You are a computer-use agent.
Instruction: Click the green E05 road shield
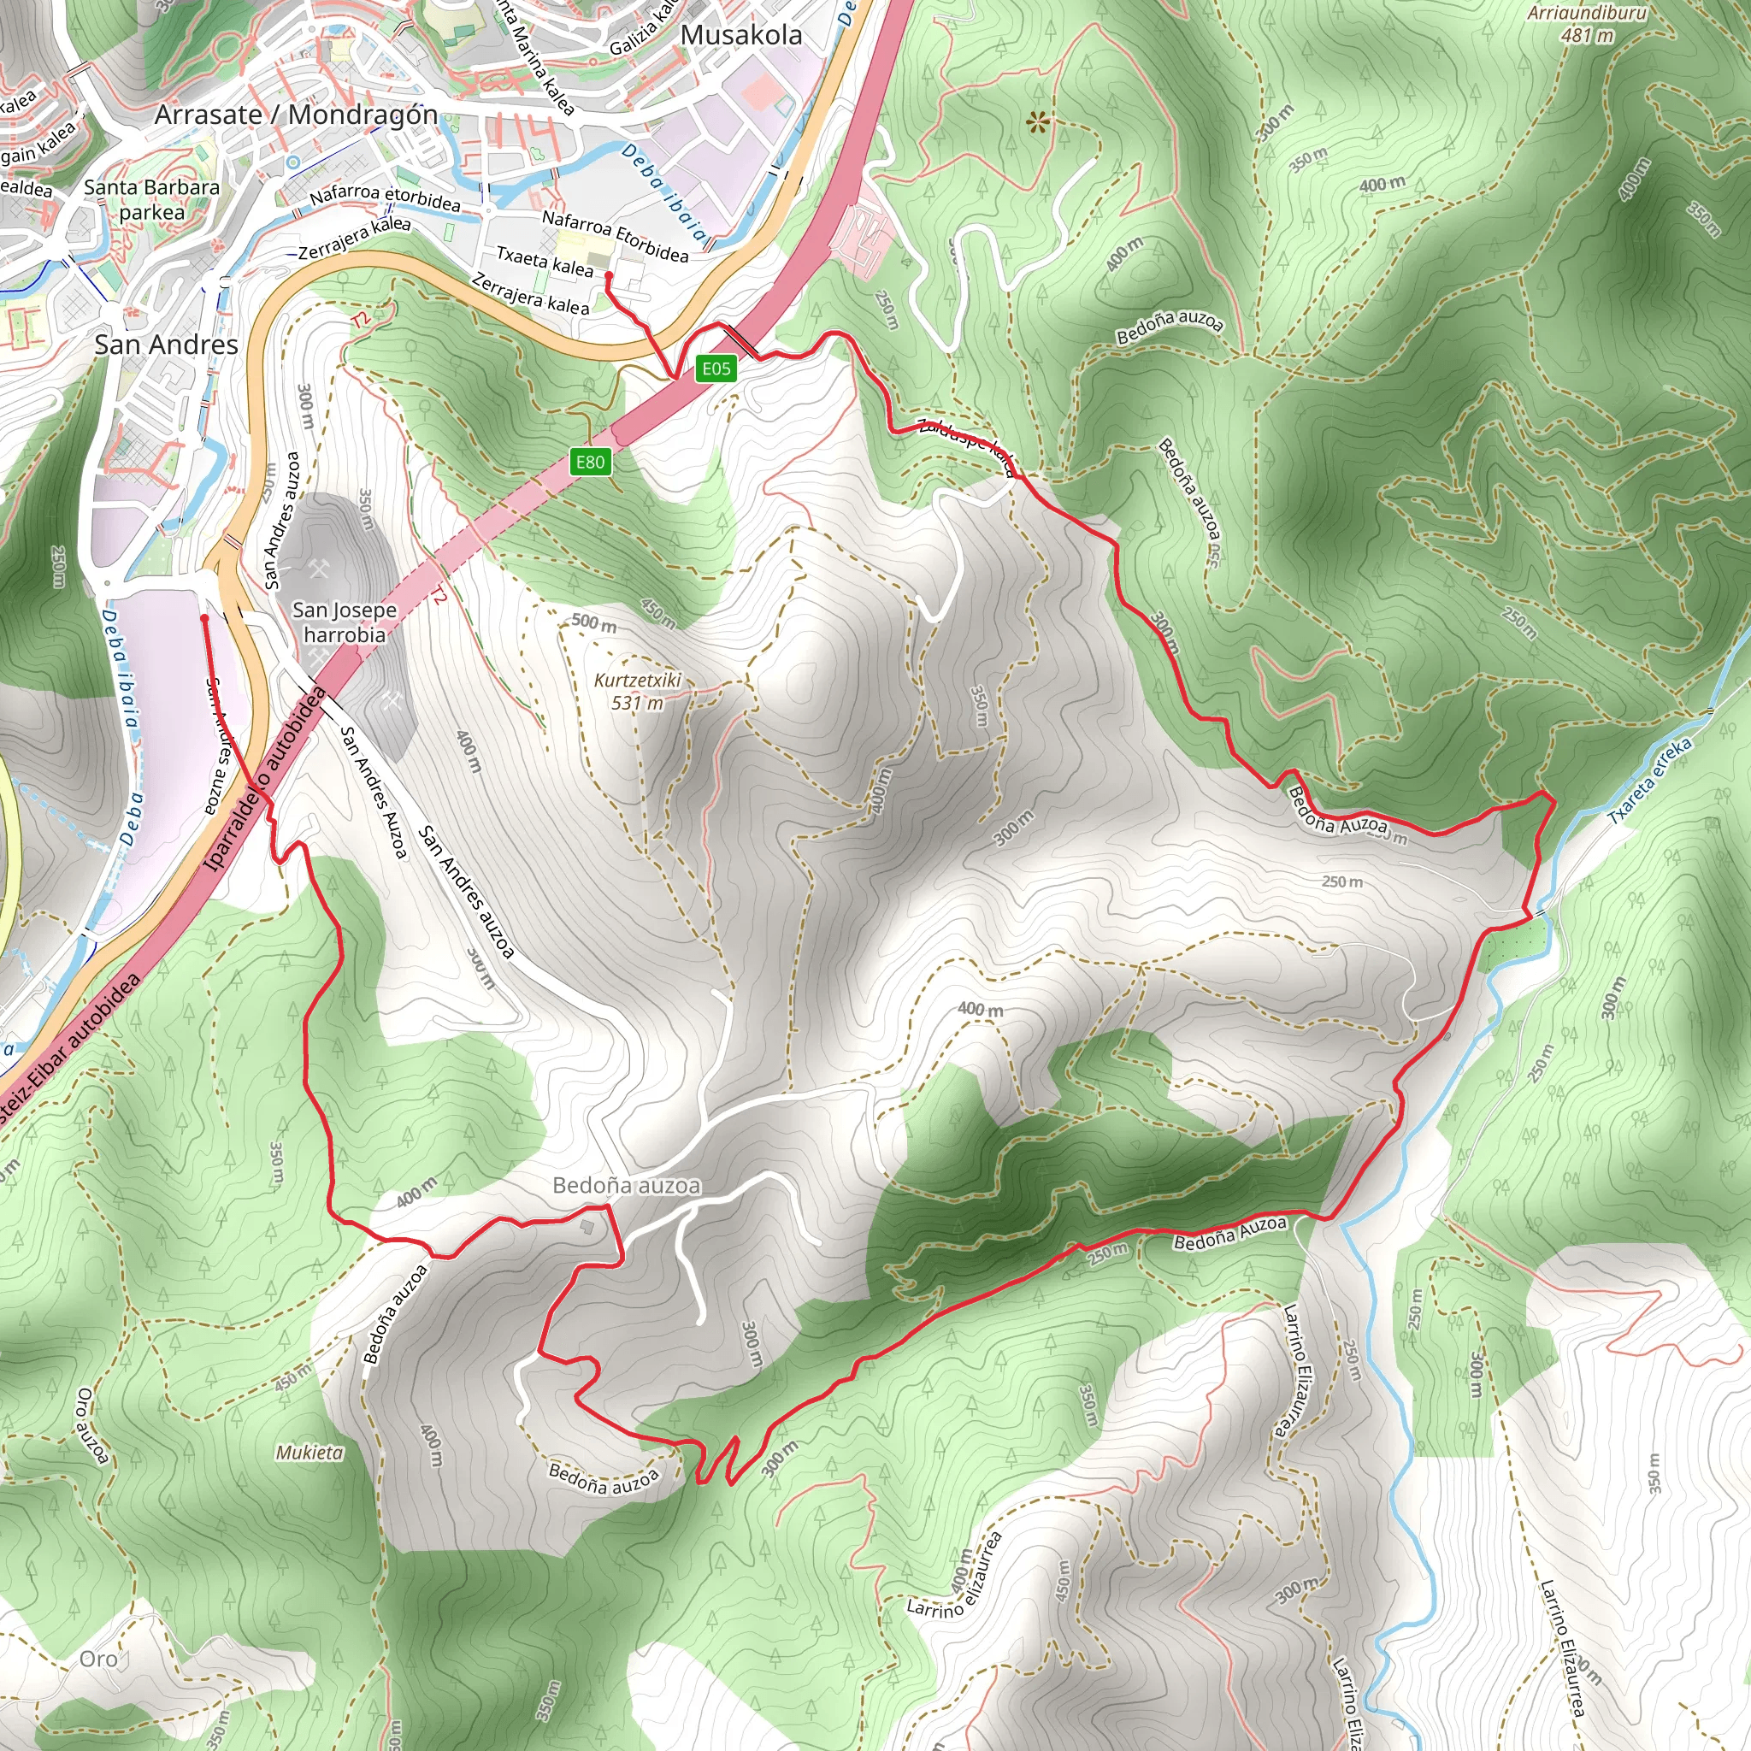click(716, 368)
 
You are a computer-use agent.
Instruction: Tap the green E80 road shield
click(590, 463)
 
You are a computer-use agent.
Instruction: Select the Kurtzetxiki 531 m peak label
click(637, 692)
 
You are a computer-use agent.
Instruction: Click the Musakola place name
click(741, 35)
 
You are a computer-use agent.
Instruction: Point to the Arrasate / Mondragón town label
click(296, 115)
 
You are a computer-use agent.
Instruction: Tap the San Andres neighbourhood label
click(166, 345)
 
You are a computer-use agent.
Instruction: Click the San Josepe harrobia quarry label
click(345, 622)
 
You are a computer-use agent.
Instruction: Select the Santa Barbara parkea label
click(151, 199)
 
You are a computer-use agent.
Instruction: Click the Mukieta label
click(310, 1453)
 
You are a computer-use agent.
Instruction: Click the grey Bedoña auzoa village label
click(626, 1186)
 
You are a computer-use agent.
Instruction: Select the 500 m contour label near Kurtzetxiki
click(593, 622)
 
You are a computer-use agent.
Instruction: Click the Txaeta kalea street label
click(545, 261)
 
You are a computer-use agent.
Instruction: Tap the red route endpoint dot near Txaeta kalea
click(609, 275)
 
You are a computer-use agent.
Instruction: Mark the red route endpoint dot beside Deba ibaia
click(205, 618)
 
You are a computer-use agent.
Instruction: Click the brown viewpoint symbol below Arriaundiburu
click(1037, 122)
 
